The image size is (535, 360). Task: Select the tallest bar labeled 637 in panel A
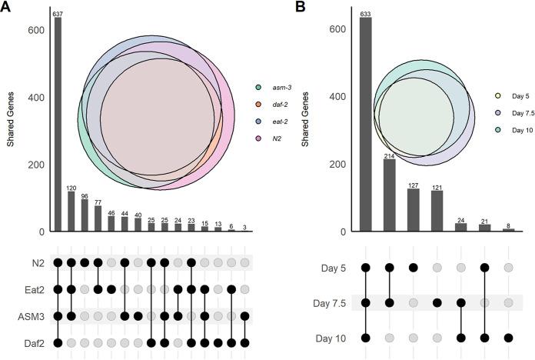pos(58,123)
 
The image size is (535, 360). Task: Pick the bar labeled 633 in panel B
pos(365,124)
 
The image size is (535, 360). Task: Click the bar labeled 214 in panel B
pos(389,195)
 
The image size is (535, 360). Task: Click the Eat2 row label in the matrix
pos(32,289)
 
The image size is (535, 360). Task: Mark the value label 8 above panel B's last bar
pos(508,226)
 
